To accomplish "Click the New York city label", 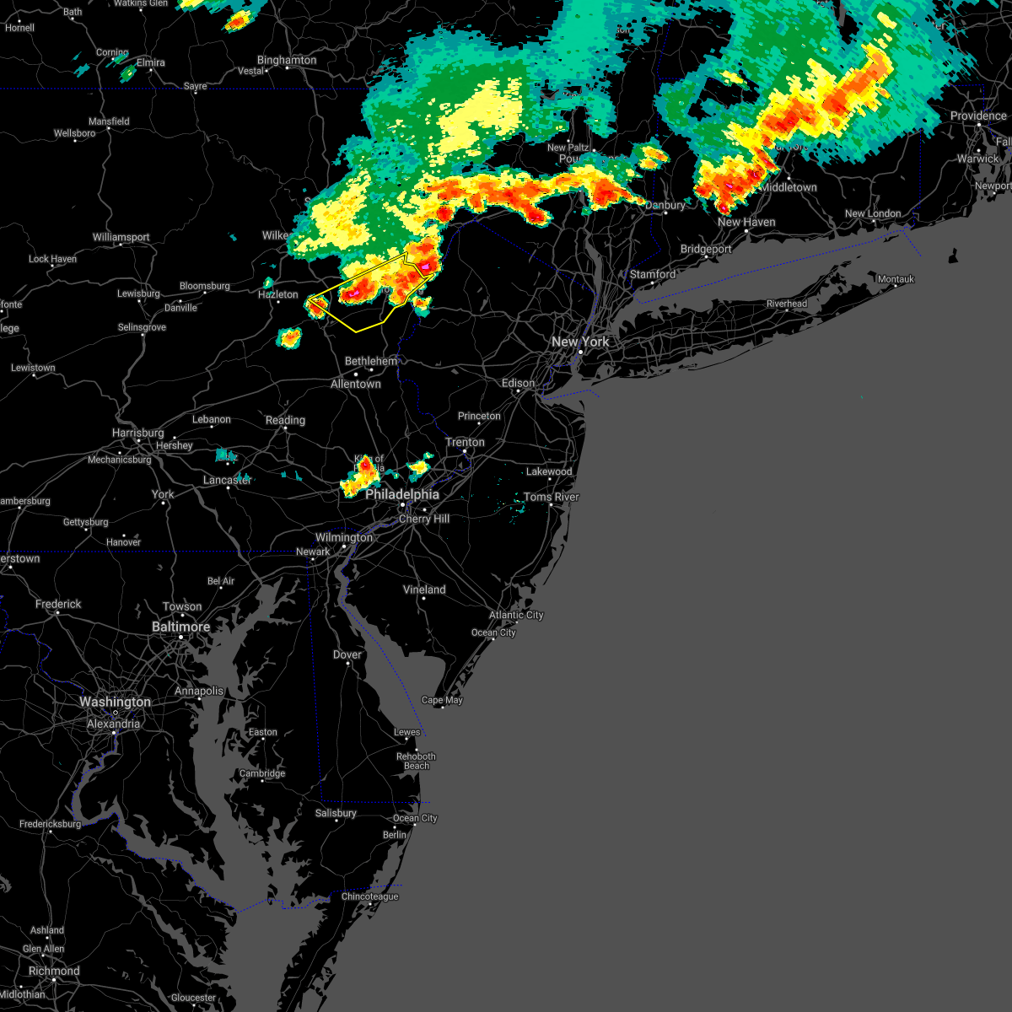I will click(x=579, y=342).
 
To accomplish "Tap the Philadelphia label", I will click(x=402, y=494).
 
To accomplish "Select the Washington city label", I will click(x=115, y=702).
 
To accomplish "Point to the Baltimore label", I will click(x=180, y=627).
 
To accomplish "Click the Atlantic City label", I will click(x=516, y=615).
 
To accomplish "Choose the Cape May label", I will click(x=442, y=700).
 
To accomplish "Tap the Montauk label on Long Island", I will click(x=896, y=279).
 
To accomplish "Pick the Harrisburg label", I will click(x=137, y=433).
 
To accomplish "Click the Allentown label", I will click(x=355, y=384).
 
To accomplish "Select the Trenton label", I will click(x=465, y=442).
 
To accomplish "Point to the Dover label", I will click(x=347, y=654).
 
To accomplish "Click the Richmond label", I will click(x=53, y=971).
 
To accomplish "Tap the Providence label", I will click(x=978, y=116).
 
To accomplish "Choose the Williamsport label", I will click(x=121, y=237).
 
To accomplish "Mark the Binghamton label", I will click(x=287, y=60).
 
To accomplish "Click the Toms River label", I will click(x=552, y=497).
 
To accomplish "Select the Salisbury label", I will click(x=336, y=813).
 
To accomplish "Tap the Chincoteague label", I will click(x=370, y=896).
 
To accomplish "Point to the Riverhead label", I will click(x=786, y=304).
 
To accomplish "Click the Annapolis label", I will click(x=199, y=691).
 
